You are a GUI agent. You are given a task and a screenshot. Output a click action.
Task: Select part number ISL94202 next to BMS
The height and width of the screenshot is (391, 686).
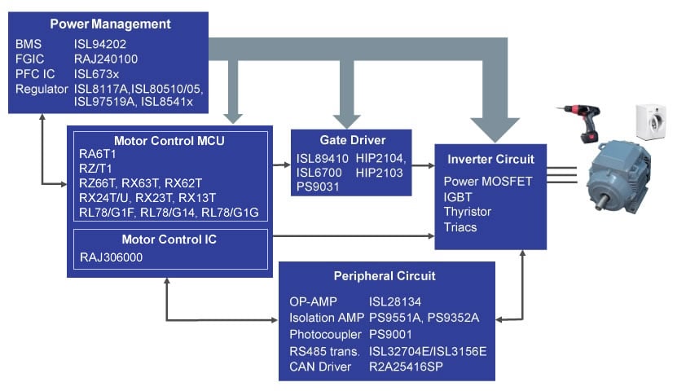coord(100,44)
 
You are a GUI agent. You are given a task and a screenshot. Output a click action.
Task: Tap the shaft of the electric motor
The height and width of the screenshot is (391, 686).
coord(601,200)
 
